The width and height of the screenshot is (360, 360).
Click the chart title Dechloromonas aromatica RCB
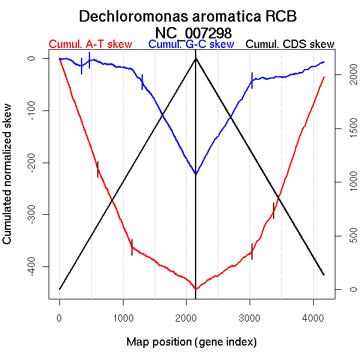point(188,16)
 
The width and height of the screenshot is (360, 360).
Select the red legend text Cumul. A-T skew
point(90,44)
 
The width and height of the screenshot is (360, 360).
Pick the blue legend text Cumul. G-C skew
point(191,44)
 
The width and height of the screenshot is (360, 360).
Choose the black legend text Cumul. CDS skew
point(290,44)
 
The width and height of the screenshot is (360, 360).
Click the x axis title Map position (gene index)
point(191,342)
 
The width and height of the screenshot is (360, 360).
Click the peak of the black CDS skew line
point(196,58)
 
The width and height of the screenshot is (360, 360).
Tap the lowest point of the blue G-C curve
point(196,175)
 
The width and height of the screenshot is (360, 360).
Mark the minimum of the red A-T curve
point(196,289)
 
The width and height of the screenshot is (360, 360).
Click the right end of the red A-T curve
point(324,77)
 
